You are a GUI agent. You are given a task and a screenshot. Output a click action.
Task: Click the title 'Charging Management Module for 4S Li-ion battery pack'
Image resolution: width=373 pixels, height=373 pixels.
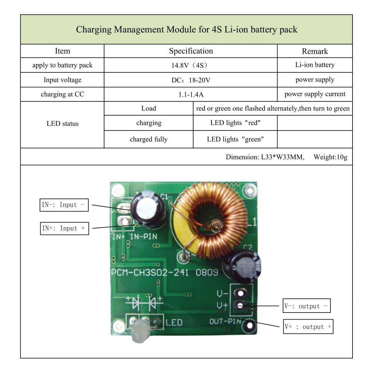click(186, 29)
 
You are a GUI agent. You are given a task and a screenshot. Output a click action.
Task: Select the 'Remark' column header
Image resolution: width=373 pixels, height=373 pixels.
click(315, 51)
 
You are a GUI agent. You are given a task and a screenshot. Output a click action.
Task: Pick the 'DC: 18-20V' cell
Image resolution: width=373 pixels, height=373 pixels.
click(191, 80)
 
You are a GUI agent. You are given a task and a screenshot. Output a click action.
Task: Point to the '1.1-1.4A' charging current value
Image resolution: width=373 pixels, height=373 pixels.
click(191, 94)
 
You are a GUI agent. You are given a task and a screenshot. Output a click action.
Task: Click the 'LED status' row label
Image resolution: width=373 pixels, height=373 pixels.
click(62, 123)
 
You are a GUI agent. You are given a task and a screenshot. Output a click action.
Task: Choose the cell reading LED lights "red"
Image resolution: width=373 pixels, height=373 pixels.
click(235, 123)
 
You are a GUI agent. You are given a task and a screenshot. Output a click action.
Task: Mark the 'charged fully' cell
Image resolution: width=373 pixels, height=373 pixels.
click(148, 139)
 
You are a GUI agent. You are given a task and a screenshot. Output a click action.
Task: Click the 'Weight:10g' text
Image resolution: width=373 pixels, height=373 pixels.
click(330, 157)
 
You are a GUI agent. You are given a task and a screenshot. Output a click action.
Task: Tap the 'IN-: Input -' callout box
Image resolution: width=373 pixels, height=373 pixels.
click(64, 205)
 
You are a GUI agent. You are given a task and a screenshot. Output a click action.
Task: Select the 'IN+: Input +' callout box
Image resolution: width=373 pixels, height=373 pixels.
click(65, 228)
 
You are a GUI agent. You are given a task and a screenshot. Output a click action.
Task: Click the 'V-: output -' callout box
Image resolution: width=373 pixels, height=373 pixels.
click(306, 306)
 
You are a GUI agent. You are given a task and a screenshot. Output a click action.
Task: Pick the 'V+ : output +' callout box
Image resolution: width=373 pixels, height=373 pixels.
click(308, 327)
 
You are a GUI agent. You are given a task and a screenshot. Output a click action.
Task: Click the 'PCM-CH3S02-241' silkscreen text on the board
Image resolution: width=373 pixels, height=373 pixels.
click(150, 272)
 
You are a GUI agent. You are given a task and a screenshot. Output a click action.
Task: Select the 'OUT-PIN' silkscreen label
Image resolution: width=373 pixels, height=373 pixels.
click(225, 322)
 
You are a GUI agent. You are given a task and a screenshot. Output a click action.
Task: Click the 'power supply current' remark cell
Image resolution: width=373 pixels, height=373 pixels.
click(315, 94)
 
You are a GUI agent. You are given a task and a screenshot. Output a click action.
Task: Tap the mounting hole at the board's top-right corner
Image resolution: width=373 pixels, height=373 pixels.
click(250, 191)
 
